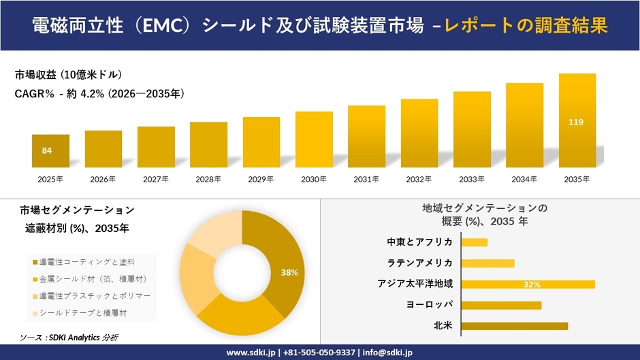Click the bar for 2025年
coord(50,151)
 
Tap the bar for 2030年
coord(314,140)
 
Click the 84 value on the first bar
coord(47,150)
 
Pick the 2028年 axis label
coord(208,179)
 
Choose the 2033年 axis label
coord(472,179)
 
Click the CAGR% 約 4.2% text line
coord(100,93)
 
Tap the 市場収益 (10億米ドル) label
coord(68,75)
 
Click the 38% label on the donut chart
coord(289,272)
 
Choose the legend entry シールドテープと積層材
coord(82,312)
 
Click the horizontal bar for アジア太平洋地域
coord(528,284)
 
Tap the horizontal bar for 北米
coord(514,326)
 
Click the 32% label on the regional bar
coord(532,284)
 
